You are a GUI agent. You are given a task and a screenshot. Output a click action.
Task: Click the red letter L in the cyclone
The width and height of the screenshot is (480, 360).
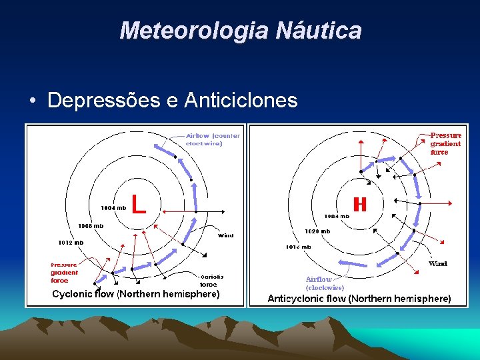[139, 203]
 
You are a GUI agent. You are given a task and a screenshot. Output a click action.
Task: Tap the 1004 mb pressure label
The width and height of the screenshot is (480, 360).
[113, 208]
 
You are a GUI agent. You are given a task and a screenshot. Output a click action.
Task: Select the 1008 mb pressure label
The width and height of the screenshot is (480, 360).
[91, 225]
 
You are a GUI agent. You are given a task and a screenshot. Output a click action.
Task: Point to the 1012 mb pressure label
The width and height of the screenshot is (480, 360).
[70, 242]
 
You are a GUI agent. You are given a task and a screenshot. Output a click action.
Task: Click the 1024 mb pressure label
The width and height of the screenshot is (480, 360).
[336, 216]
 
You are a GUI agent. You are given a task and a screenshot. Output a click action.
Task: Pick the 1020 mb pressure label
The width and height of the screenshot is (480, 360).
[317, 231]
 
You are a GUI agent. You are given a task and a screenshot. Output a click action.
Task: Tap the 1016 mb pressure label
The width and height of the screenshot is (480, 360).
[297, 247]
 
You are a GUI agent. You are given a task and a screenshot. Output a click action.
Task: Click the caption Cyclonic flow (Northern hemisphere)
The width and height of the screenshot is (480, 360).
[135, 294]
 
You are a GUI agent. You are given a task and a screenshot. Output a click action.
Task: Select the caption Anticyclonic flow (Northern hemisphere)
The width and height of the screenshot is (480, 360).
[359, 299]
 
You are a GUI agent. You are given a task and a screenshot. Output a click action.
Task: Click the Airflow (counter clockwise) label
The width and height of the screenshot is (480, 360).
[213, 139]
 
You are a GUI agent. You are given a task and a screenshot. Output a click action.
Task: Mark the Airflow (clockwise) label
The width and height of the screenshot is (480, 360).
[325, 283]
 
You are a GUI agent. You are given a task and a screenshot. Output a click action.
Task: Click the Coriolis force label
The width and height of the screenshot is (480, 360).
[211, 281]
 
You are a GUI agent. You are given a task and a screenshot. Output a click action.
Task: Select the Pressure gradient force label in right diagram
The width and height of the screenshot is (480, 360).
[445, 143]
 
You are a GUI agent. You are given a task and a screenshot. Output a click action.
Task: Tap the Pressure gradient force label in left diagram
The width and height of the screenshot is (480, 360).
[64, 273]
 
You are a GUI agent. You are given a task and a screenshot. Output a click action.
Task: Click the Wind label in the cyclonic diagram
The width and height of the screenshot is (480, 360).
[226, 235]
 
